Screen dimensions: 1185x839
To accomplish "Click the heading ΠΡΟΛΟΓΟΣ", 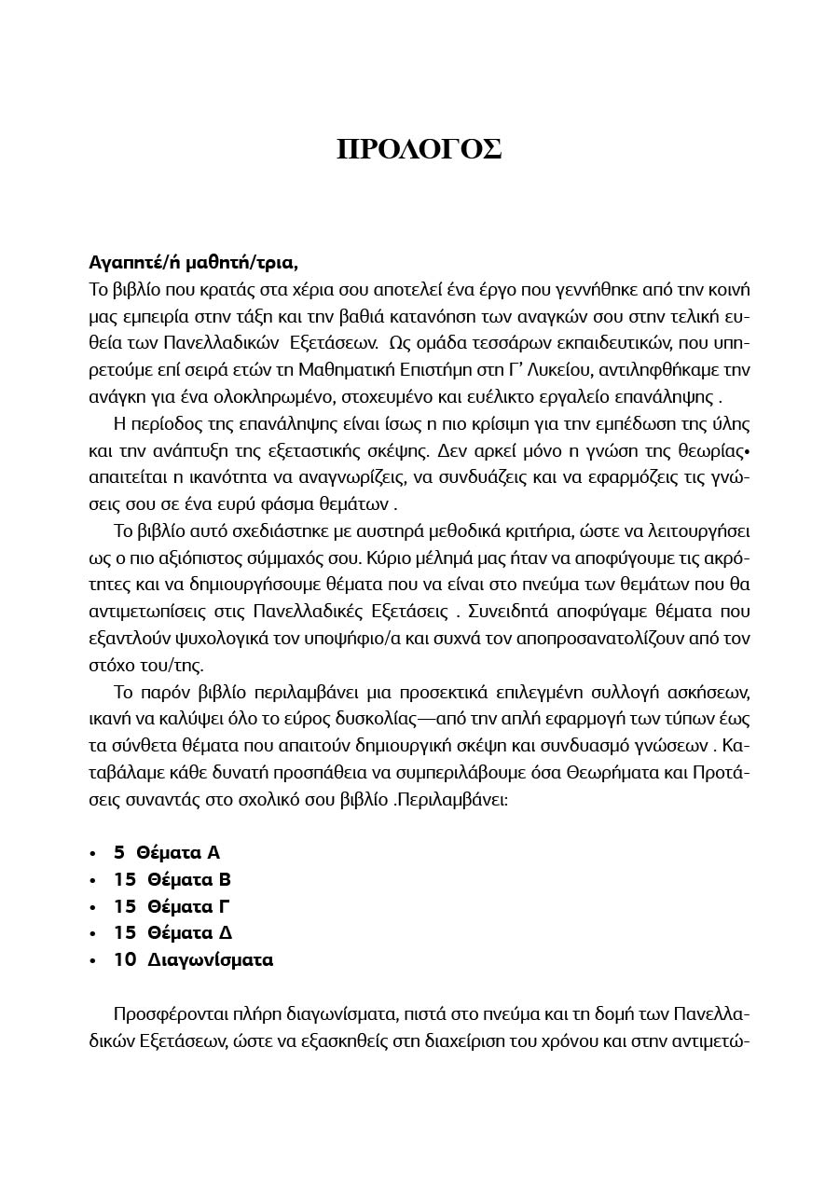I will [419, 149].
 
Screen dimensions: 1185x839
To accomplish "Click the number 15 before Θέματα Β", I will [125, 879].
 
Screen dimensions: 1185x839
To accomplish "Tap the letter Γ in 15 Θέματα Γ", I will [224, 906].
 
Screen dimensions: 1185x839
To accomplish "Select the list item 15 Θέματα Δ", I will [172, 932].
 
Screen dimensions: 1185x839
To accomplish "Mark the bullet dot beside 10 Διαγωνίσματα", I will [92, 960].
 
